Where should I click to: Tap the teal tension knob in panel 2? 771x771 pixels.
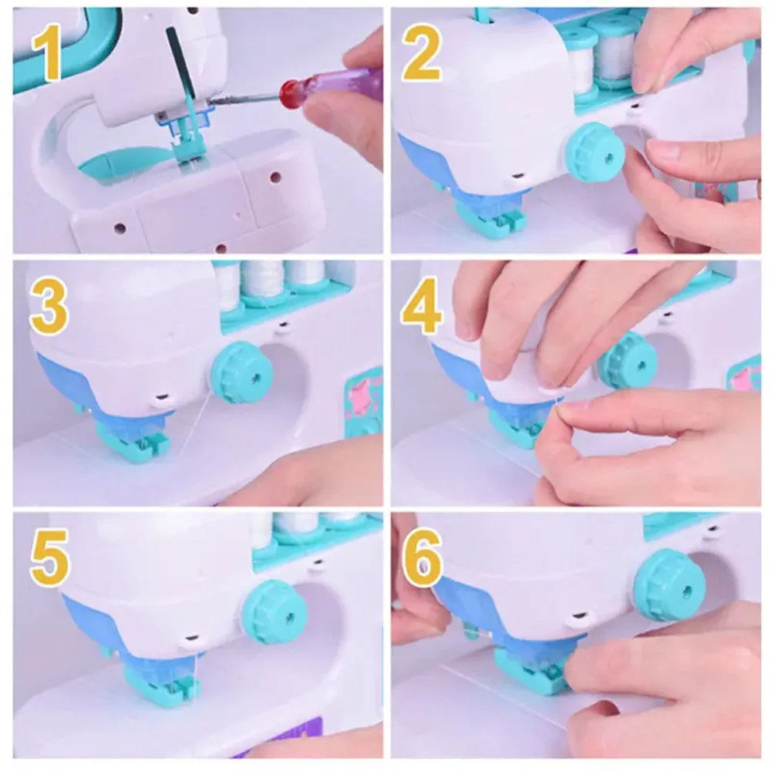[x=594, y=152]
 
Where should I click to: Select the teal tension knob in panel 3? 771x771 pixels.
[x=241, y=372]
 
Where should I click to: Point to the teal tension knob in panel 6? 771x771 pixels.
[x=669, y=584]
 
